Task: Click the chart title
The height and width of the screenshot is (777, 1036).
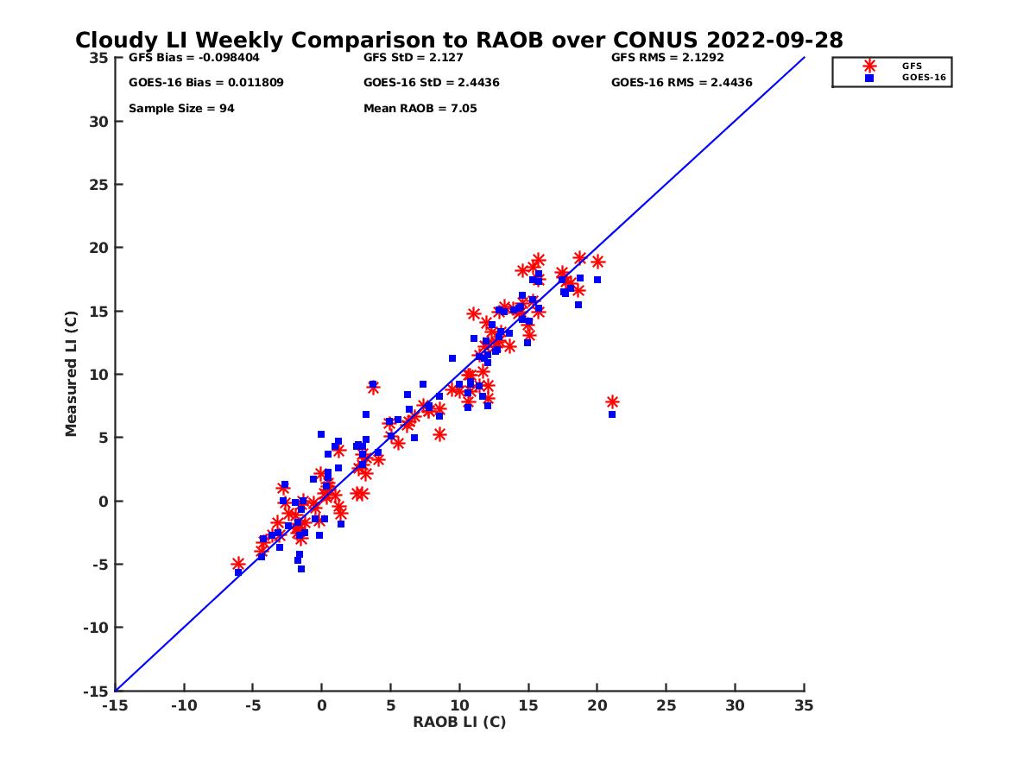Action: pos(458,40)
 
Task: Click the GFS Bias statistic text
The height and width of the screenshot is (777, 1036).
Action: pos(193,58)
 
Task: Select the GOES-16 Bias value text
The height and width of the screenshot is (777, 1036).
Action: pos(205,83)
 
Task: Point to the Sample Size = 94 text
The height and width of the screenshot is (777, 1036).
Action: pos(181,109)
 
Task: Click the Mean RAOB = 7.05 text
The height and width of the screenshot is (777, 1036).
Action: pos(420,109)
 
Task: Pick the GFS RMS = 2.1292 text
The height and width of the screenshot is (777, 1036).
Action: pos(667,58)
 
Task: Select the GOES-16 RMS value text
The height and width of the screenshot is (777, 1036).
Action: pos(681,83)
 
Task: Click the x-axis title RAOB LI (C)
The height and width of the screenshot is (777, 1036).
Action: pos(458,722)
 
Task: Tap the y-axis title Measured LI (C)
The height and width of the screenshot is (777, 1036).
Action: pos(71,374)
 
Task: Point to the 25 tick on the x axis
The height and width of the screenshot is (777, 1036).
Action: pos(666,705)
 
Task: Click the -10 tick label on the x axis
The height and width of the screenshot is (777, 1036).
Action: pos(183,705)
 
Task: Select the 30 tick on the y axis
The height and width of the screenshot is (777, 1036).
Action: pos(99,121)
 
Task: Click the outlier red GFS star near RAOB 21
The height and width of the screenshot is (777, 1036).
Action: pos(612,401)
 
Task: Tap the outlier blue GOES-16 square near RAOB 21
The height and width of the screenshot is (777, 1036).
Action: pos(612,414)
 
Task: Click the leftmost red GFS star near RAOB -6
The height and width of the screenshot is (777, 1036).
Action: pos(238,563)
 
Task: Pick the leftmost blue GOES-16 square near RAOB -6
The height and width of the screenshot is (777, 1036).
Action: pos(238,572)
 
